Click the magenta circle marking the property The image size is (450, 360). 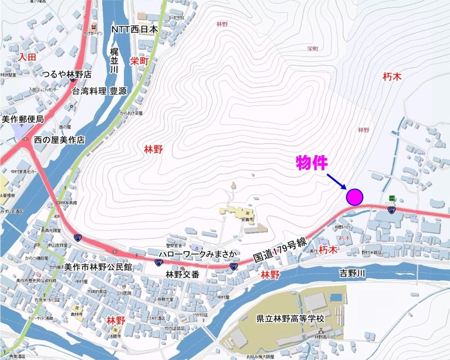[355, 197]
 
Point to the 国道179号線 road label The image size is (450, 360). [280, 251]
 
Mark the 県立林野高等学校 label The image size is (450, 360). [290, 319]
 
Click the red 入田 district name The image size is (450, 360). [27, 57]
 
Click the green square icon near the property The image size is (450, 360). [392, 198]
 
